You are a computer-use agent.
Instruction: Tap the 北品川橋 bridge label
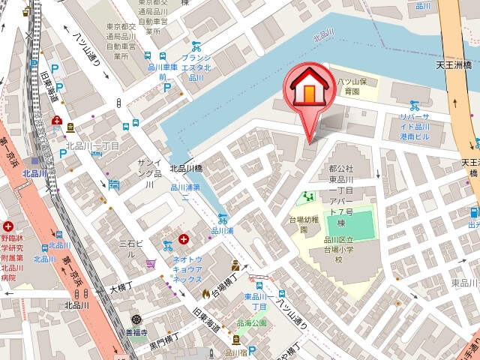187,169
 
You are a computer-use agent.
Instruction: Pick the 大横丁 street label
120,287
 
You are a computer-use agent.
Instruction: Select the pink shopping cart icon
151,262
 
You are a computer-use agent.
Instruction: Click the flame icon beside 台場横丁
205,291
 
